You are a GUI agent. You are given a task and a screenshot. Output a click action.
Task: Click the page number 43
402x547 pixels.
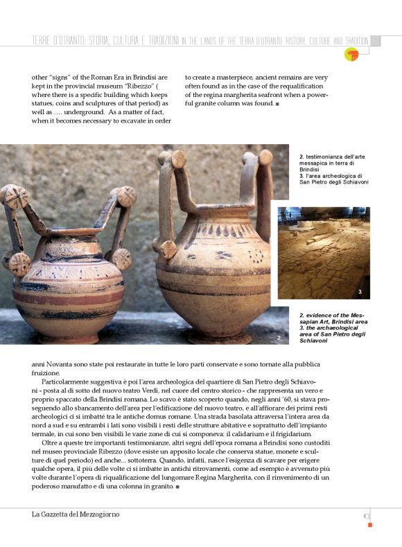pos(366,515)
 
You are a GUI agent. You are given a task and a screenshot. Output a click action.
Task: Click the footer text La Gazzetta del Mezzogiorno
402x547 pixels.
pos(76,515)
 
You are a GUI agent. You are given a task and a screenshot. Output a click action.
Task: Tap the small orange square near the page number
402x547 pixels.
pos(370,525)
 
